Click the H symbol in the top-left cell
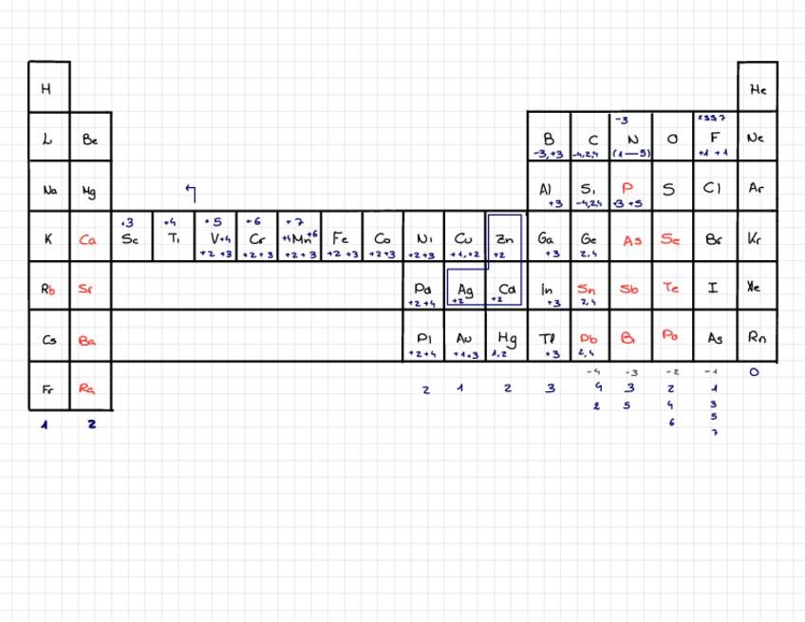46,90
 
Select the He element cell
758,90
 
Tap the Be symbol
90,140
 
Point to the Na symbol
48,190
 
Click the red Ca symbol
88,240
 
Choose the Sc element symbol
130,239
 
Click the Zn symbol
504,237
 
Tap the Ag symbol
465,288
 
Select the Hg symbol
506,337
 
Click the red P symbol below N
627,188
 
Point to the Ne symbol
756,139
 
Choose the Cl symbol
713,188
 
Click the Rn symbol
756,337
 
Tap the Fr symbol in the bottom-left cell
48,389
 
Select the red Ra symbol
88,387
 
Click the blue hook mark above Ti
191,194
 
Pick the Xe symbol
756,287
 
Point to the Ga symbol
547,238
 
